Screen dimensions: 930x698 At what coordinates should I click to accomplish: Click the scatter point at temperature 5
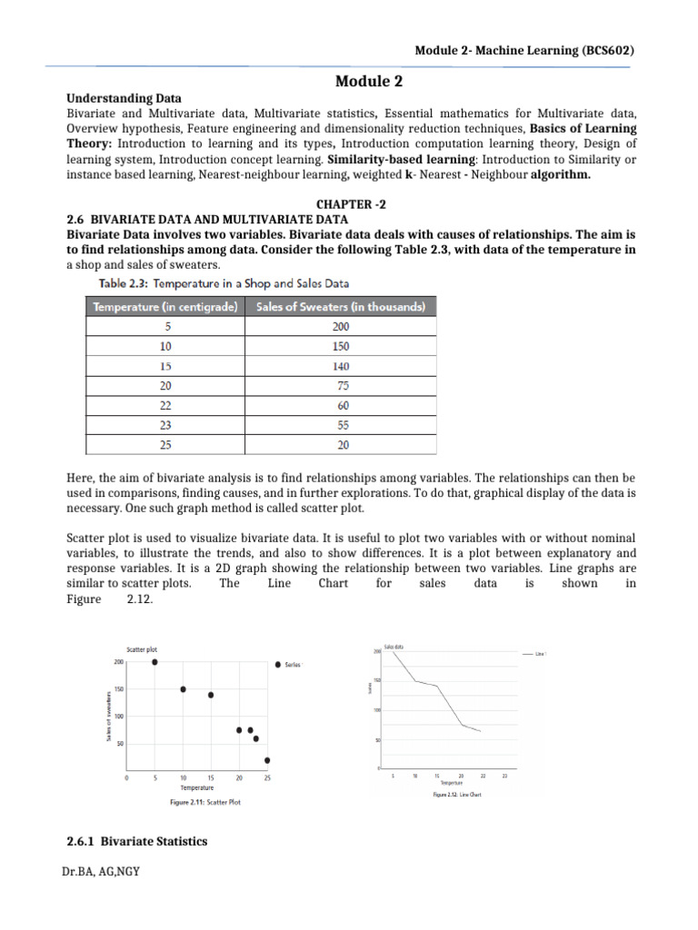155,663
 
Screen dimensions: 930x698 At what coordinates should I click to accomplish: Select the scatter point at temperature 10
183,689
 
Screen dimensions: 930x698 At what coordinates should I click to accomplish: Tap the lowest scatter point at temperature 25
267,760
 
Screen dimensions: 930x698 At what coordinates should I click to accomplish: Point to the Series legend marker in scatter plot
277,665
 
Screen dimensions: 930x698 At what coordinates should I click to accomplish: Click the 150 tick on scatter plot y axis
118,689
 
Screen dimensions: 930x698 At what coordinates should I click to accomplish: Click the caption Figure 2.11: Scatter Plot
204,803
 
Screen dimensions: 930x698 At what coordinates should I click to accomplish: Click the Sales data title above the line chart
394,647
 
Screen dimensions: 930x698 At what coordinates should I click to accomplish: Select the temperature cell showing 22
164,405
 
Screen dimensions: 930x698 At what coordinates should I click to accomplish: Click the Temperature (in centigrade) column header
164,307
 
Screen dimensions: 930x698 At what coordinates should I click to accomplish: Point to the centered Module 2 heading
368,81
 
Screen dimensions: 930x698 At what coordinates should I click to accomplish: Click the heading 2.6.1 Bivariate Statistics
138,841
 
